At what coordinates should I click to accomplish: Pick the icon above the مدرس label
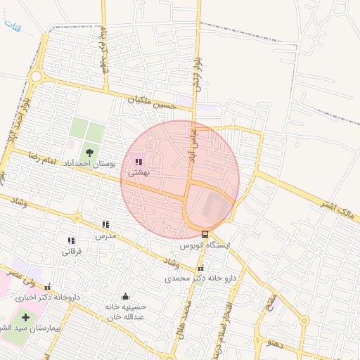pyautogui.click(x=105, y=224)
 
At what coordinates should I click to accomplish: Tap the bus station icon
pyautogui.click(x=205, y=234)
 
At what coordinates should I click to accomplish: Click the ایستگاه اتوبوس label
pyautogui.click(x=202, y=245)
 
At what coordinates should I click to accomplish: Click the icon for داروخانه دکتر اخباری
pyautogui.click(x=47, y=287)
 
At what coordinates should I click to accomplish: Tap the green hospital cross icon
pyautogui.click(x=26, y=318)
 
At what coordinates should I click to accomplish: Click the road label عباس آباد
pyautogui.click(x=191, y=141)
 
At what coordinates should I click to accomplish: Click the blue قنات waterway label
pyautogui.click(x=13, y=28)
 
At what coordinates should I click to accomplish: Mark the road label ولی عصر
pyautogui.click(x=20, y=276)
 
